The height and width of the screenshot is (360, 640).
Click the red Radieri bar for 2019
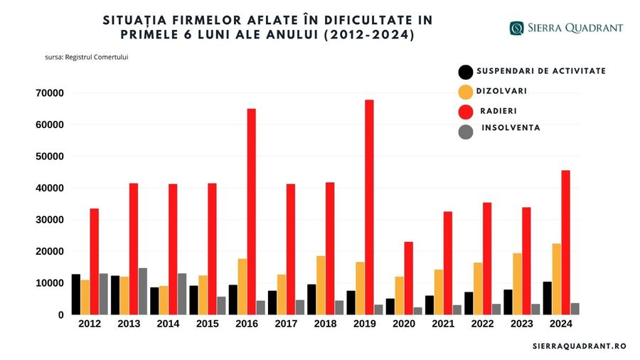(x=369, y=207)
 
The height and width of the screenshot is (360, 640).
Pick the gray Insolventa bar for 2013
(x=142, y=291)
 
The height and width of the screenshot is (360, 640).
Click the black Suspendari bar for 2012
(x=76, y=294)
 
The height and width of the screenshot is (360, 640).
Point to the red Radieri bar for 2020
(x=408, y=278)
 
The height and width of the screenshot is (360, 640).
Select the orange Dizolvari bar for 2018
(x=320, y=285)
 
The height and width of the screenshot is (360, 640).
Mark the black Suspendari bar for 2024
(x=546, y=298)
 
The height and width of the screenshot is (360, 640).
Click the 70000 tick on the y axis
(x=49, y=93)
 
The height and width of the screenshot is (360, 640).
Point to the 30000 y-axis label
(x=49, y=220)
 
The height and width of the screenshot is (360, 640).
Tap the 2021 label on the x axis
(x=444, y=324)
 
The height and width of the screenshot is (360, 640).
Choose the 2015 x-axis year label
(x=208, y=324)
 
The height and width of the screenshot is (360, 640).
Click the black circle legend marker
(x=466, y=72)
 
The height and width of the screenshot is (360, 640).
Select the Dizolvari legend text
(x=501, y=91)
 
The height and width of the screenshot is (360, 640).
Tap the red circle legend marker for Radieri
(x=466, y=112)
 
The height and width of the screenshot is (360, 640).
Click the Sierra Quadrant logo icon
(x=516, y=28)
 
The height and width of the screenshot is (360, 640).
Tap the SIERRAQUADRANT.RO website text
(x=579, y=346)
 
